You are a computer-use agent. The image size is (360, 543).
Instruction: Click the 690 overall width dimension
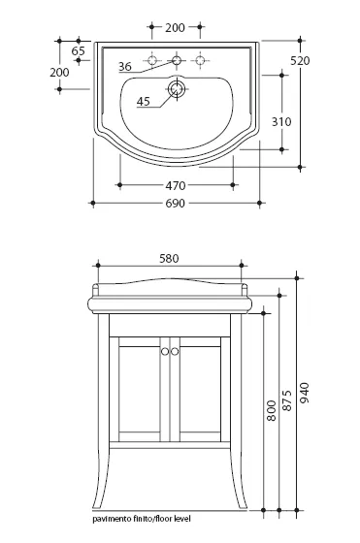click(x=175, y=204)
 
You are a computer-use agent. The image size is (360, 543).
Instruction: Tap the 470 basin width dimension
click(x=176, y=185)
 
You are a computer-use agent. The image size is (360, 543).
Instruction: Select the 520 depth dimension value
click(x=300, y=60)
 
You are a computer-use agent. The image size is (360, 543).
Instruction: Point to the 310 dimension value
click(x=281, y=121)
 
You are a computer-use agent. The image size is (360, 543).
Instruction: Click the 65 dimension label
click(x=79, y=50)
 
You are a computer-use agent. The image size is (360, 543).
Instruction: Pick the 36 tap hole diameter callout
click(x=125, y=66)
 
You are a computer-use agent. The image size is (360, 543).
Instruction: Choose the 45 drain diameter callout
click(x=143, y=101)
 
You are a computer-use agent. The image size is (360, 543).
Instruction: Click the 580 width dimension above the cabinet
click(x=169, y=258)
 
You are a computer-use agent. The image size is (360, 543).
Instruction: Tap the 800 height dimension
click(x=272, y=411)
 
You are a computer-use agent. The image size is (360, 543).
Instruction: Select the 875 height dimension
click(x=287, y=400)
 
